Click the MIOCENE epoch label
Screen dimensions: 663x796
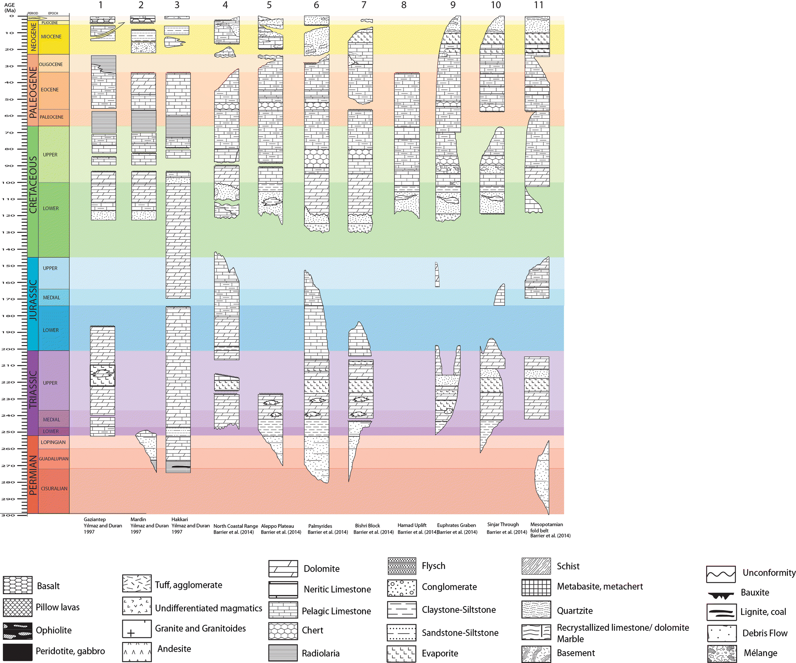coord(51,37)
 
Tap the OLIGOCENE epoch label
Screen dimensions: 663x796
coord(51,64)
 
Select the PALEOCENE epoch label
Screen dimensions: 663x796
coord(51,117)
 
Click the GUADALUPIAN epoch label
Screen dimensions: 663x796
coord(54,459)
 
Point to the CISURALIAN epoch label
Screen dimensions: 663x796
coord(54,489)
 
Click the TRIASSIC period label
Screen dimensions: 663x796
coord(33,390)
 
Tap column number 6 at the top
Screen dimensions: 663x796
coord(316,5)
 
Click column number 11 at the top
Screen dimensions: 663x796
coord(539,5)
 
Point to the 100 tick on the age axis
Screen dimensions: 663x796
coord(9,182)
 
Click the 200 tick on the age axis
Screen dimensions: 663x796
coord(9,349)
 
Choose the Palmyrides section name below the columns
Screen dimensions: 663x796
coord(320,526)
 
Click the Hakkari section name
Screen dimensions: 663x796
coord(179,519)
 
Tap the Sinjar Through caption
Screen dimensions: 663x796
coord(503,524)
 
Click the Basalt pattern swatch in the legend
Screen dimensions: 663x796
coord(18,585)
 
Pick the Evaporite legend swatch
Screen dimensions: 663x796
coord(402,653)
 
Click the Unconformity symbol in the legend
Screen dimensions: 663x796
coord(721,574)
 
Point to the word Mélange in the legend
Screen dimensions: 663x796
coord(760,653)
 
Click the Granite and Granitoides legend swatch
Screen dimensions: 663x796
coord(137,629)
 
